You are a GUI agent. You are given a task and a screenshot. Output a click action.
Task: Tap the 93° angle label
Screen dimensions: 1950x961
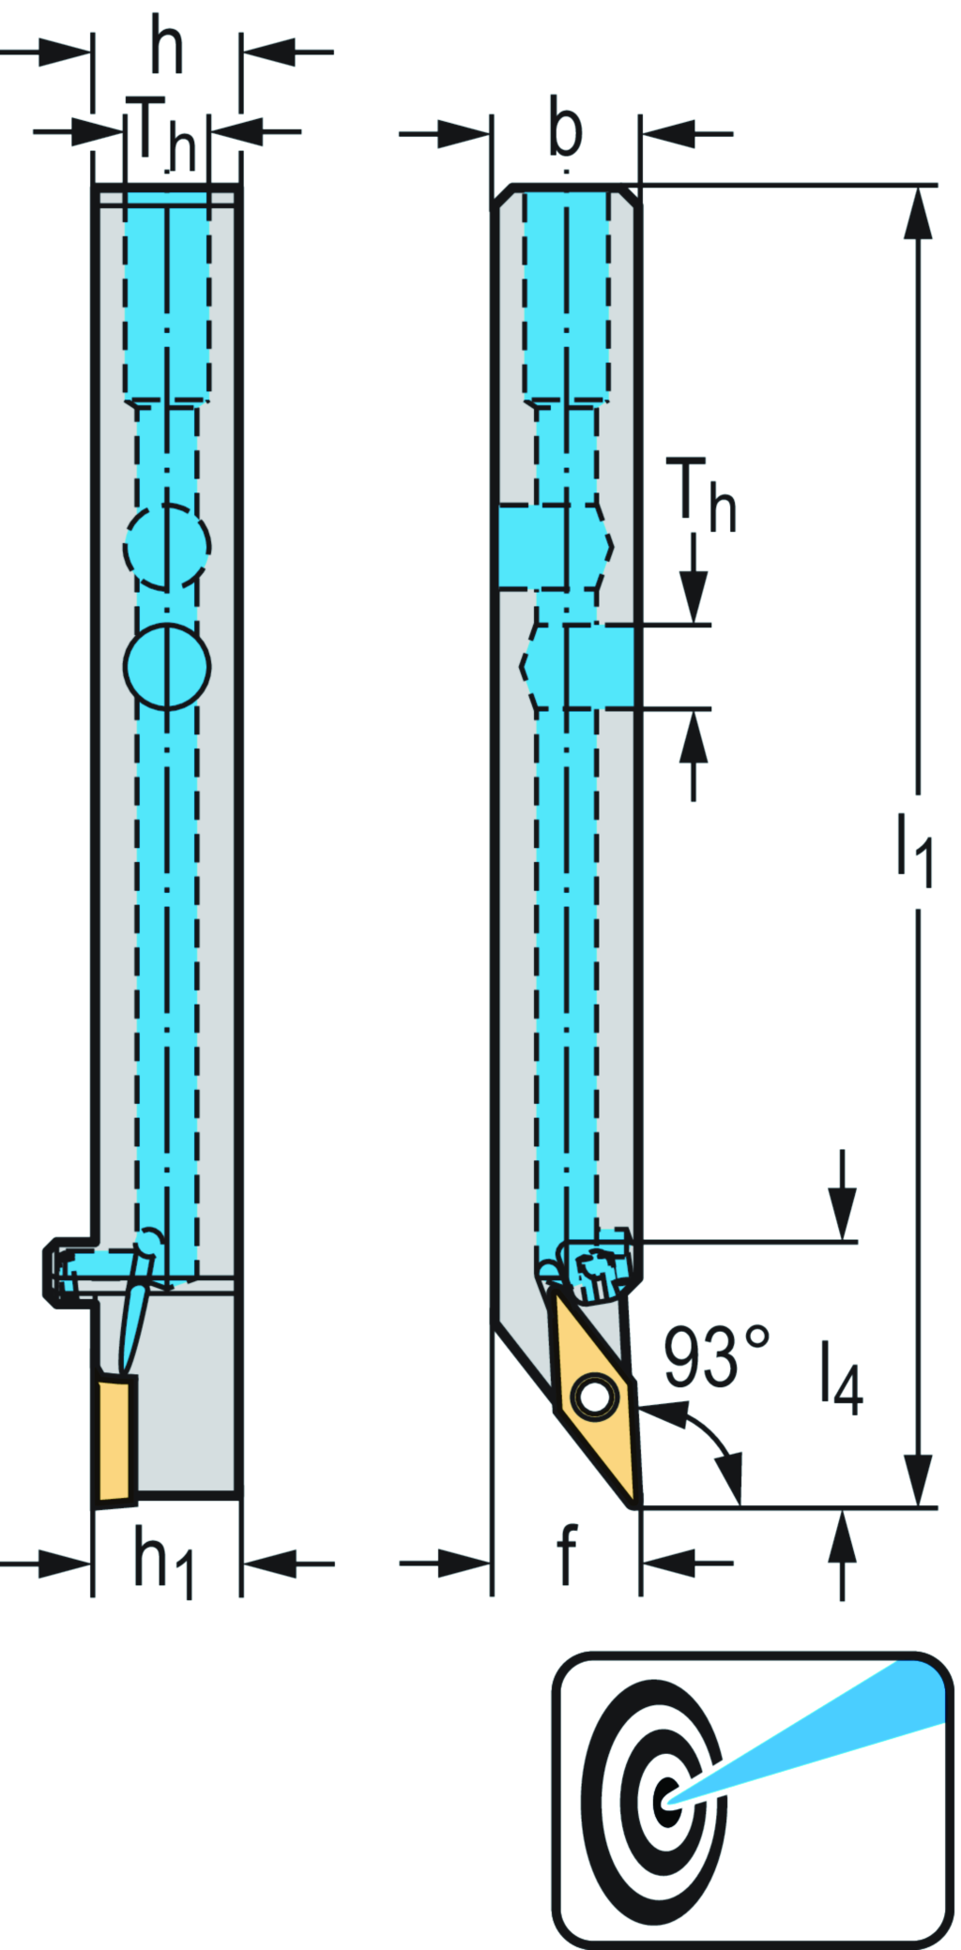coord(715,1357)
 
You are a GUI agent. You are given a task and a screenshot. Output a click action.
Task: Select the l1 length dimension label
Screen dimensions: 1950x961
coord(913,849)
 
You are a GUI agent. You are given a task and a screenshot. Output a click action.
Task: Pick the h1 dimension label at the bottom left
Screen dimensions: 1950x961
coord(163,1561)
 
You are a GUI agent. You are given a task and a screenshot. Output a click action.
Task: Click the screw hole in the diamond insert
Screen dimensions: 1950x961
coord(593,1397)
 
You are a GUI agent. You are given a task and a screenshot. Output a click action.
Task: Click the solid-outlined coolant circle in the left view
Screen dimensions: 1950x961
coord(167,665)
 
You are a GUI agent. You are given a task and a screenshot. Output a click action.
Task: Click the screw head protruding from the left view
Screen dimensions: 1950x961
coord(62,1271)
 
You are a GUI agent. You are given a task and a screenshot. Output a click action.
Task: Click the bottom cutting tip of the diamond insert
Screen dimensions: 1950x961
coord(635,1504)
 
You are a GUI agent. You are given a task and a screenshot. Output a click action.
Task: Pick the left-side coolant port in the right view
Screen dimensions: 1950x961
coord(532,546)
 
